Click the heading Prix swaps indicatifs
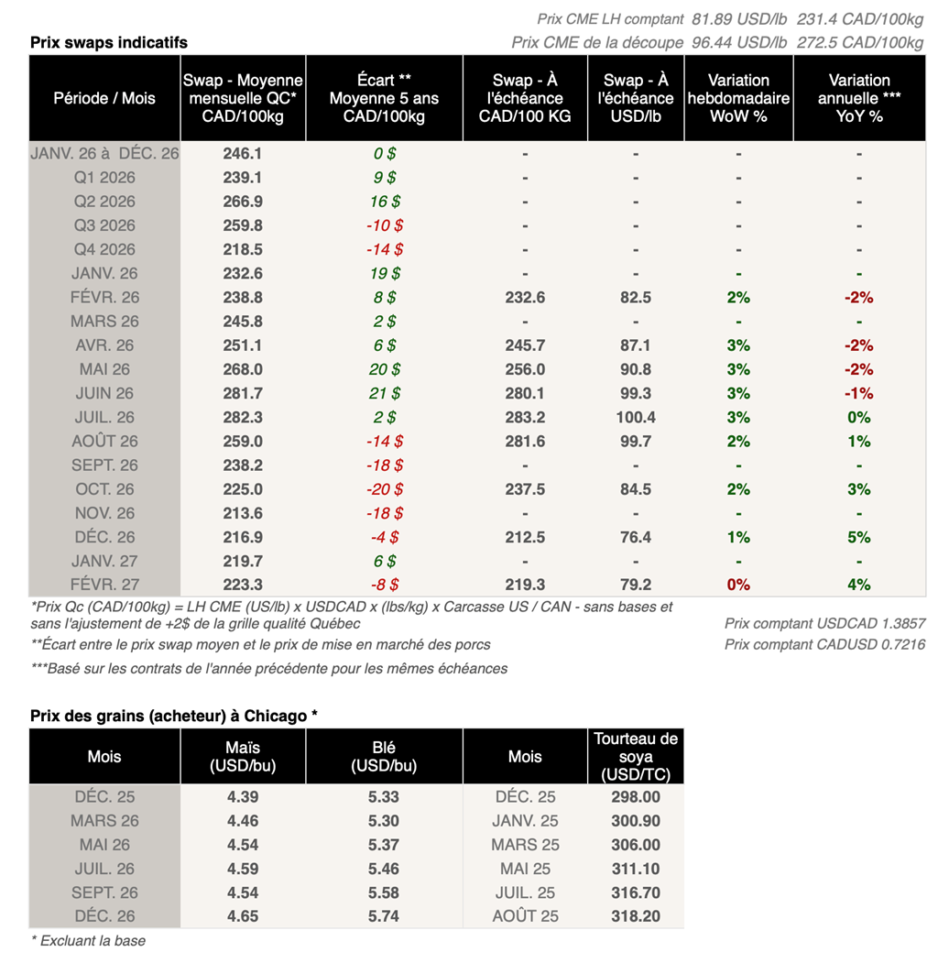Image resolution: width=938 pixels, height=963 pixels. coord(109,43)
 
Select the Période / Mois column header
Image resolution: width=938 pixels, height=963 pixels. coord(104,98)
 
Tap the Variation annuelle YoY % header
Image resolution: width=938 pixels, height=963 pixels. coord(858,98)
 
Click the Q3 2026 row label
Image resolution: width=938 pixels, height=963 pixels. coord(104,225)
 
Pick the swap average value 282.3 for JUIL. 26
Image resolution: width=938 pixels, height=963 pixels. coord(242,417)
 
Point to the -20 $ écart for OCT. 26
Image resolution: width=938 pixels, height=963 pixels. coord(384,489)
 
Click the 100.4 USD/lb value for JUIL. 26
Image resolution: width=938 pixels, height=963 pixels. coord(635,417)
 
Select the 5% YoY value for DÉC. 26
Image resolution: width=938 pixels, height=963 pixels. coord(858,537)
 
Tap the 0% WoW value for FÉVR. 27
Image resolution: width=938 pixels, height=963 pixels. coord(737,585)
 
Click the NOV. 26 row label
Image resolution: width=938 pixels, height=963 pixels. coord(104,513)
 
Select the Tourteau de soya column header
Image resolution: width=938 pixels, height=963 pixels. coord(635,756)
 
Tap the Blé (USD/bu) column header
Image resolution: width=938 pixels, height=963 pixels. coord(384,756)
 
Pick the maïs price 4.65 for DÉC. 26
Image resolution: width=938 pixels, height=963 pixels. coord(242,916)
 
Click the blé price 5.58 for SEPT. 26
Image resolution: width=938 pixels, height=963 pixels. coord(384,892)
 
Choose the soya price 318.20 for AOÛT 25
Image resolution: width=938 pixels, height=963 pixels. coord(635,916)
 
